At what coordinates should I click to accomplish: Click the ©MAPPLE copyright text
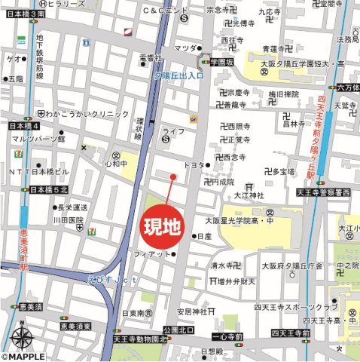(x=25, y=356)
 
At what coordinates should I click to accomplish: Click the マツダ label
(x=185, y=48)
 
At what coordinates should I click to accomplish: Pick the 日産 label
(x=203, y=236)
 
